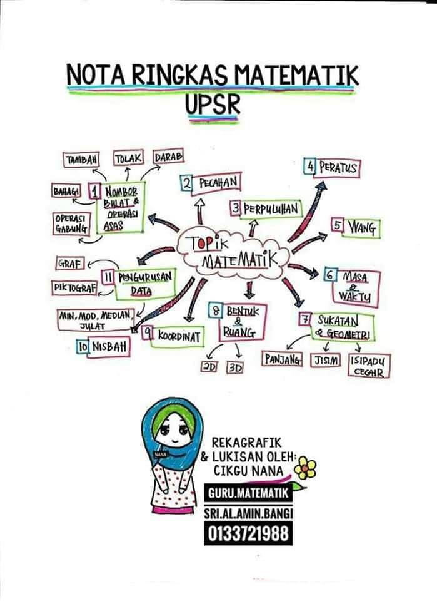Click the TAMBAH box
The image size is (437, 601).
81,160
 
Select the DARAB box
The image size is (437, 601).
168,157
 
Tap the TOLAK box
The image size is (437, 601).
129,158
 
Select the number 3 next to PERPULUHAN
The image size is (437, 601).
236,209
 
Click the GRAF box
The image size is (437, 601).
70,264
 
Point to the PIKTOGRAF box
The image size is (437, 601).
74,288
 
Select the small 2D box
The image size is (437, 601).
209,367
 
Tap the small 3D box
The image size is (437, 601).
235,367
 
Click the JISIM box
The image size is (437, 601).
325,361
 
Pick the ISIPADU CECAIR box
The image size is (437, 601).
369,366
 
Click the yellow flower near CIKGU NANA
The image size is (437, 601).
305,468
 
